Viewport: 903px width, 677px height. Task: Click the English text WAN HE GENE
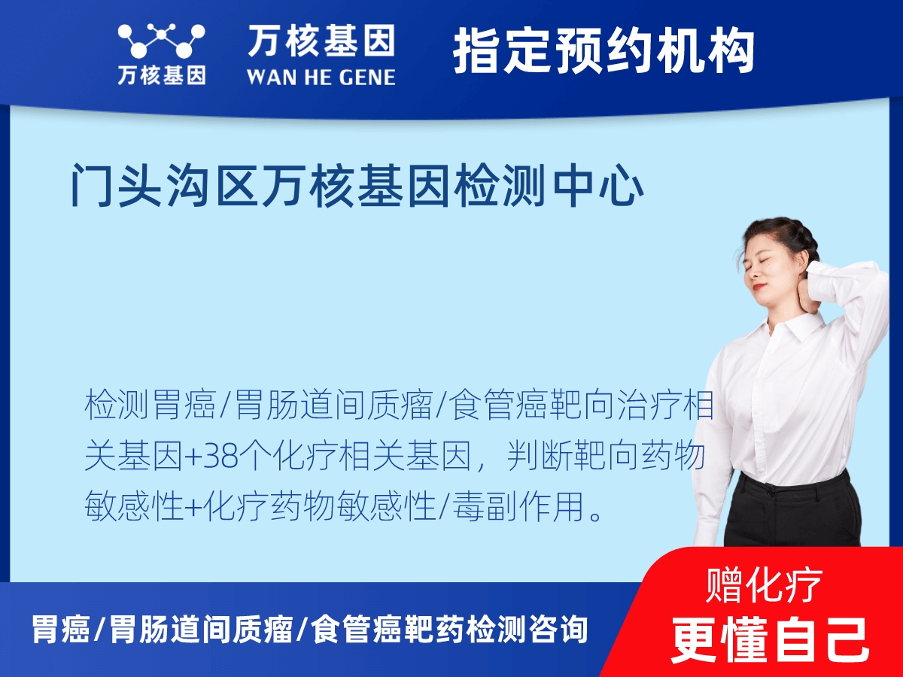click(321, 76)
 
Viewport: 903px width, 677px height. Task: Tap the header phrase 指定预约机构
click(604, 51)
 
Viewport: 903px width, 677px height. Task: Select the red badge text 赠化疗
click(765, 585)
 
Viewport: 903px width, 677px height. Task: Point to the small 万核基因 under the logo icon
click(161, 76)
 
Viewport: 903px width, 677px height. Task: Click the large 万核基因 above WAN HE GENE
click(321, 41)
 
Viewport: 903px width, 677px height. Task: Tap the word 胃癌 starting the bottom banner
click(60, 629)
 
